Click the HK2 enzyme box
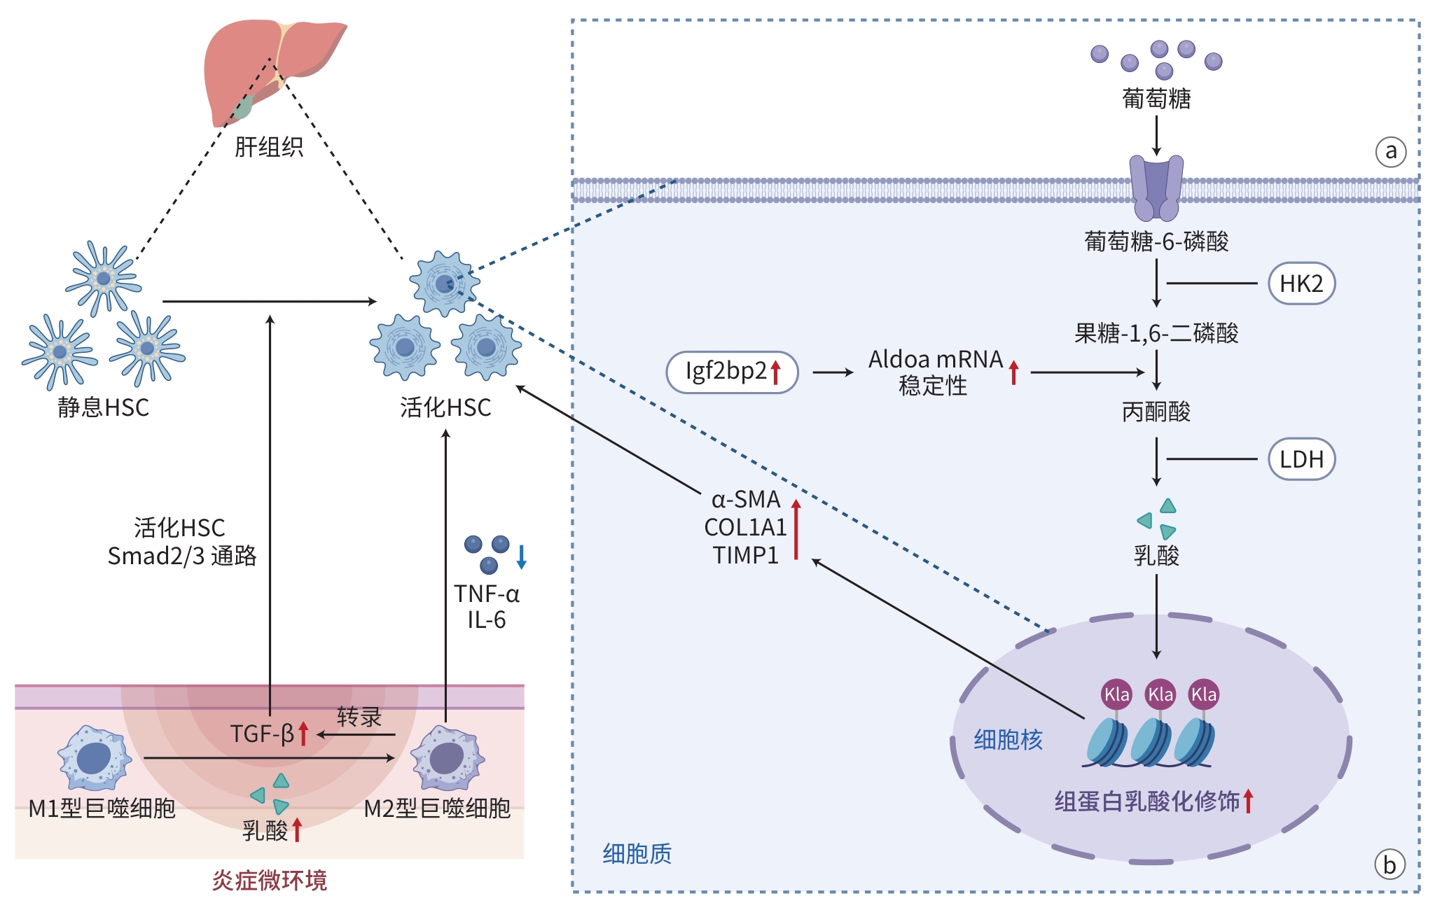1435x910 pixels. tap(1301, 283)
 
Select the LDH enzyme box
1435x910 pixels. tap(1301, 459)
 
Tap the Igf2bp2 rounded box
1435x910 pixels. tap(732, 372)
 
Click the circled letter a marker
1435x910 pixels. tap(1390, 151)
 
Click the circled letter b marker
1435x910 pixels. tap(1389, 865)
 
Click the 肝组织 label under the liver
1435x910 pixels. tap(269, 147)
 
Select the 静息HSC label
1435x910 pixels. tap(104, 407)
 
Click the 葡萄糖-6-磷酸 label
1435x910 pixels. tap(1156, 241)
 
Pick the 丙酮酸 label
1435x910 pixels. tap(1156, 412)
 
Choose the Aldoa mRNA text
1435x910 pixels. tap(936, 360)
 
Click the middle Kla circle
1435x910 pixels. tap(1160, 694)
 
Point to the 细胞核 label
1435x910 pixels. tap(1008, 740)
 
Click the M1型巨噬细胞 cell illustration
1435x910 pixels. tap(95, 758)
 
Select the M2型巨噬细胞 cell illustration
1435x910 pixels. tap(448, 758)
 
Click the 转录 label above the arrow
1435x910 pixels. tap(359, 717)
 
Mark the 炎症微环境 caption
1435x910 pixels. tap(270, 881)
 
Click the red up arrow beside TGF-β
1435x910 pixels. tap(303, 734)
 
